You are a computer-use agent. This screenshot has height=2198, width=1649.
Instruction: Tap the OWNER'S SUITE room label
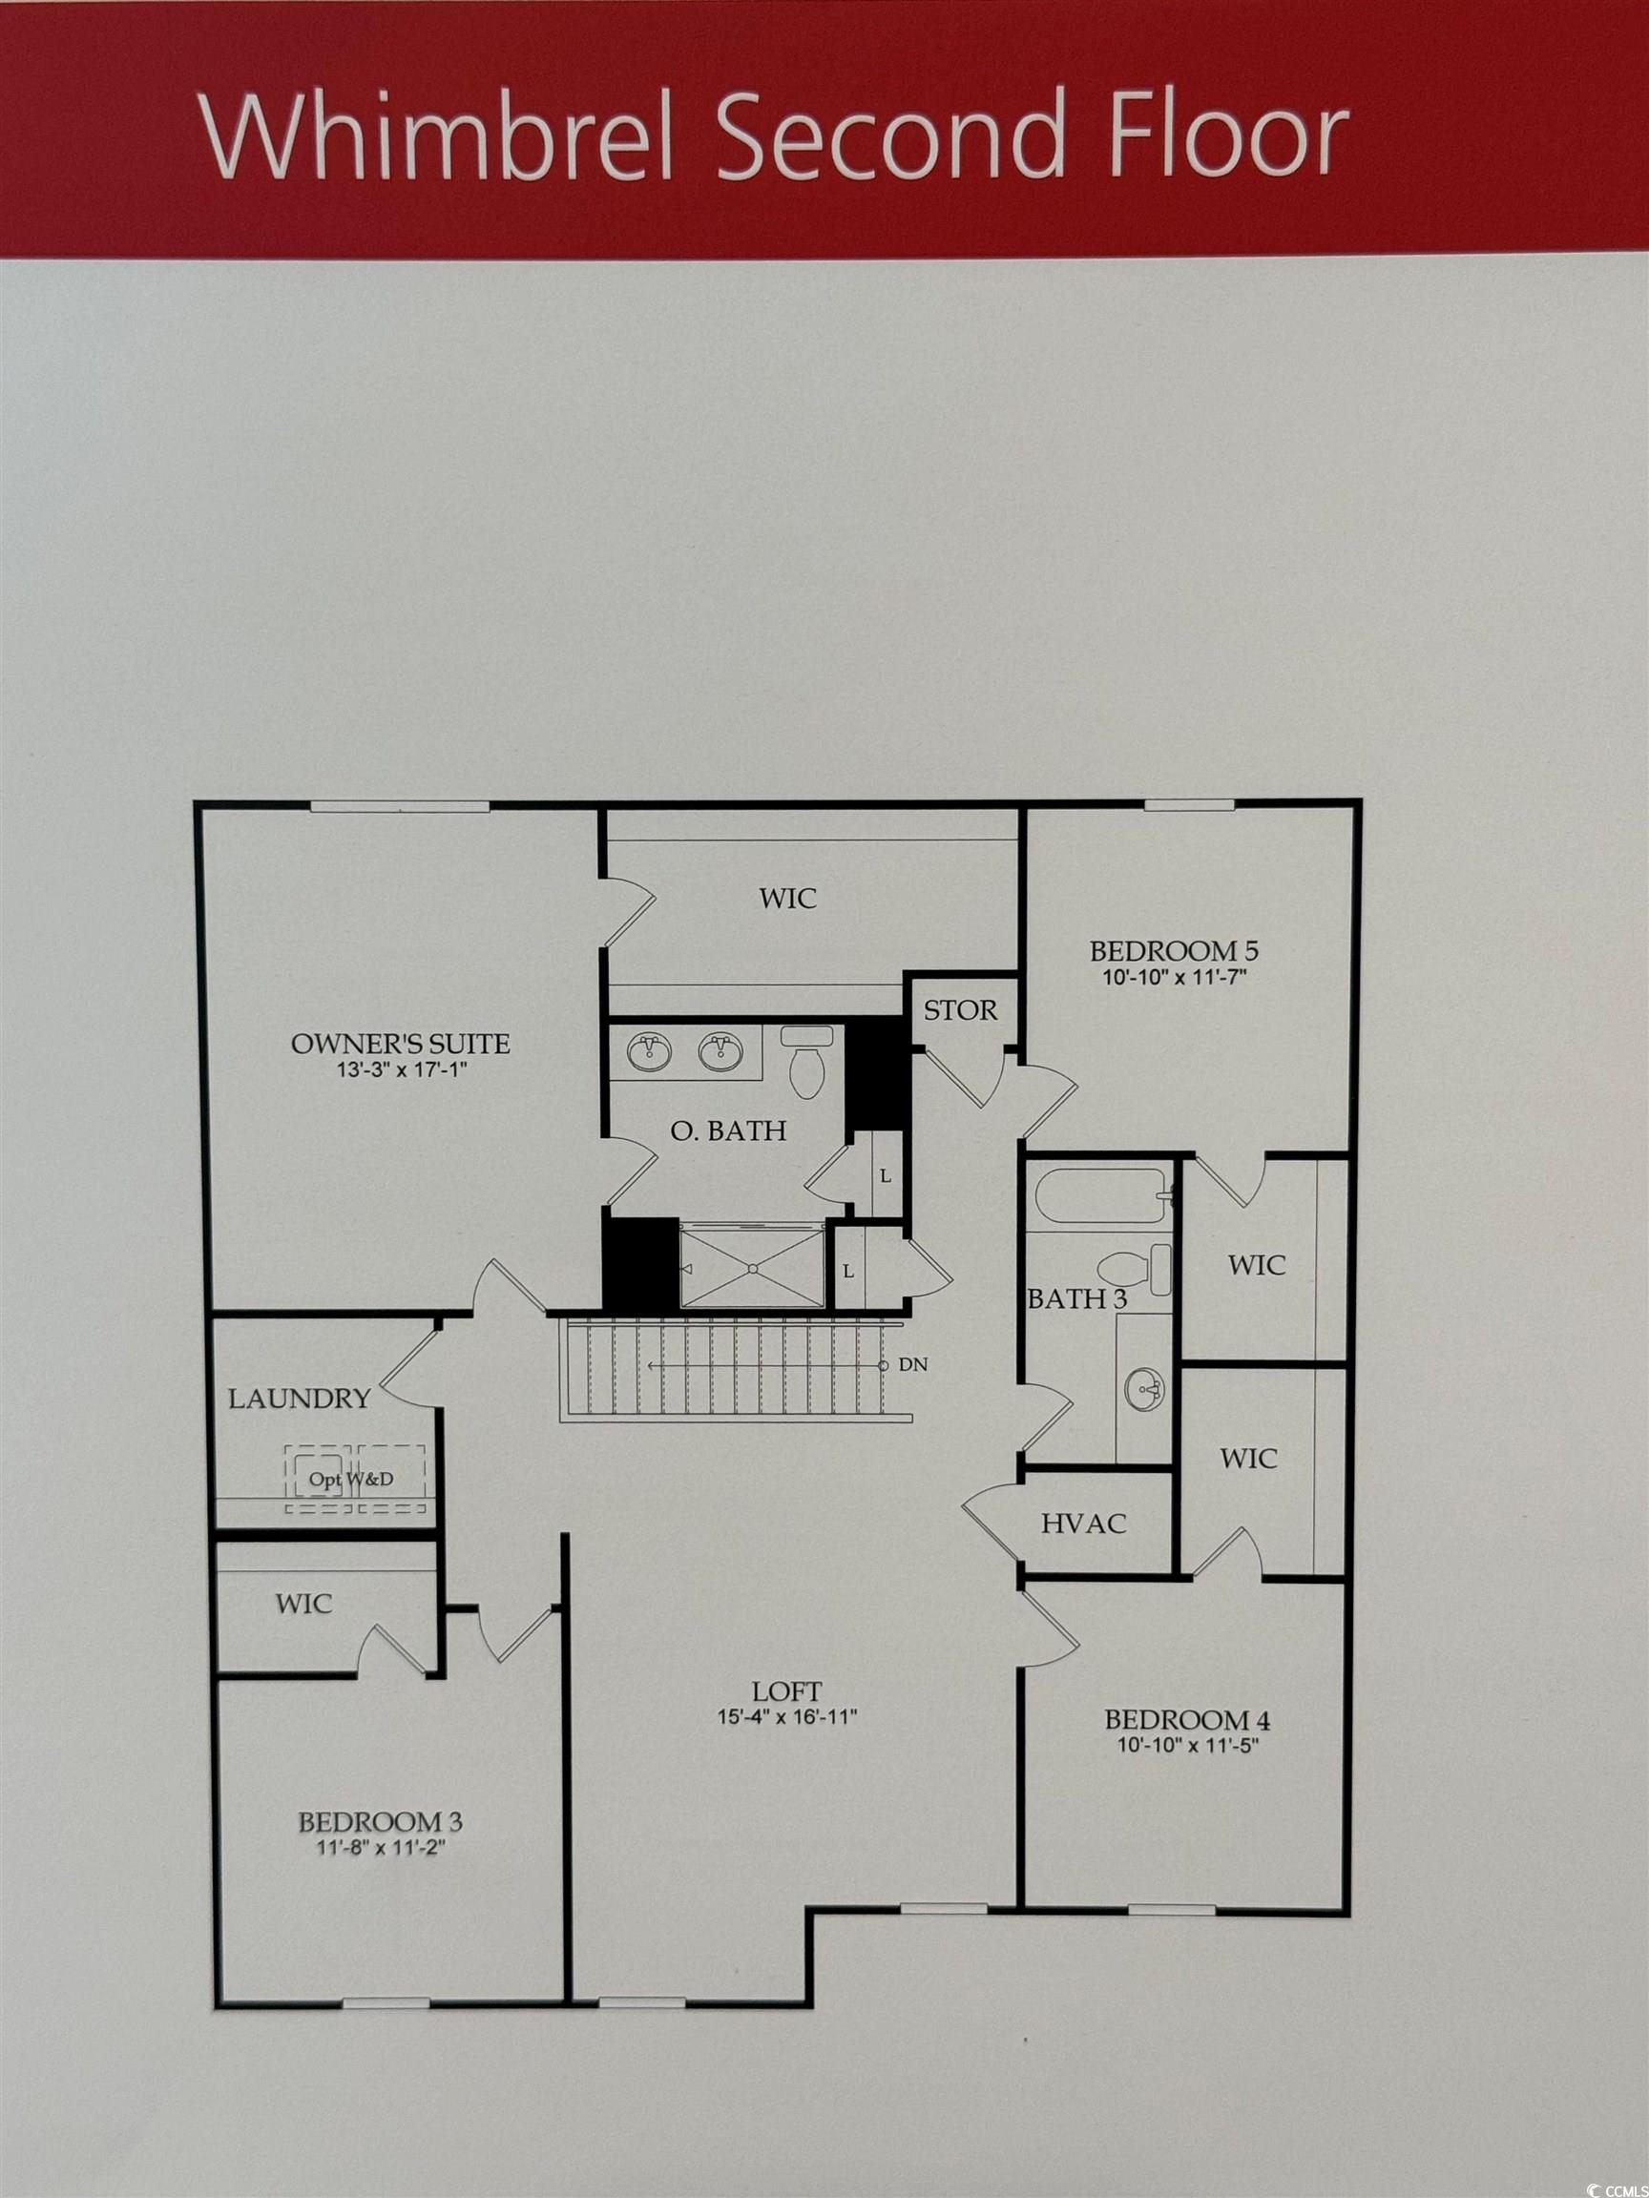click(401, 1044)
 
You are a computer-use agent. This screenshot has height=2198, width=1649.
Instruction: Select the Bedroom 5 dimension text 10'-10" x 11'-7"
click(1174, 977)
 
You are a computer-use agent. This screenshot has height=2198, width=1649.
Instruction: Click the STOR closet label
click(960, 1010)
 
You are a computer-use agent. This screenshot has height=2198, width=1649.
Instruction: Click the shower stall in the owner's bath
click(752, 1268)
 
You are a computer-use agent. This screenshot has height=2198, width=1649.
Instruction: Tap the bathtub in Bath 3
click(1098, 1196)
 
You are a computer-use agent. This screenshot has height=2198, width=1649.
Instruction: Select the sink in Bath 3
click(1144, 1387)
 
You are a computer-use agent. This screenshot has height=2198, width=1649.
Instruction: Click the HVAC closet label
click(1083, 1524)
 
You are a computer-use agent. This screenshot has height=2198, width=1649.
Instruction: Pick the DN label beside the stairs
click(912, 1365)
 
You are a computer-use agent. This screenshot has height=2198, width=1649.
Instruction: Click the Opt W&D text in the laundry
click(351, 1479)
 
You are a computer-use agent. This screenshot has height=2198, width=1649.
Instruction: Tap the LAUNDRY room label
click(300, 1400)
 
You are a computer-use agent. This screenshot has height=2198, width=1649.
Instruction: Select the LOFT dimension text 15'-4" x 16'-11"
click(787, 1717)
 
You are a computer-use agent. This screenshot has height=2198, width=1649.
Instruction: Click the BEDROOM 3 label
click(381, 1821)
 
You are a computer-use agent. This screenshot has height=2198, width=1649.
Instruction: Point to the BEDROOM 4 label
click(1187, 1719)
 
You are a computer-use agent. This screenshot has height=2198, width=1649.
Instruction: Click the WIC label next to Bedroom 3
click(304, 1604)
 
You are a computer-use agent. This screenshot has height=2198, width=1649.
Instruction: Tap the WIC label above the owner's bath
click(788, 899)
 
